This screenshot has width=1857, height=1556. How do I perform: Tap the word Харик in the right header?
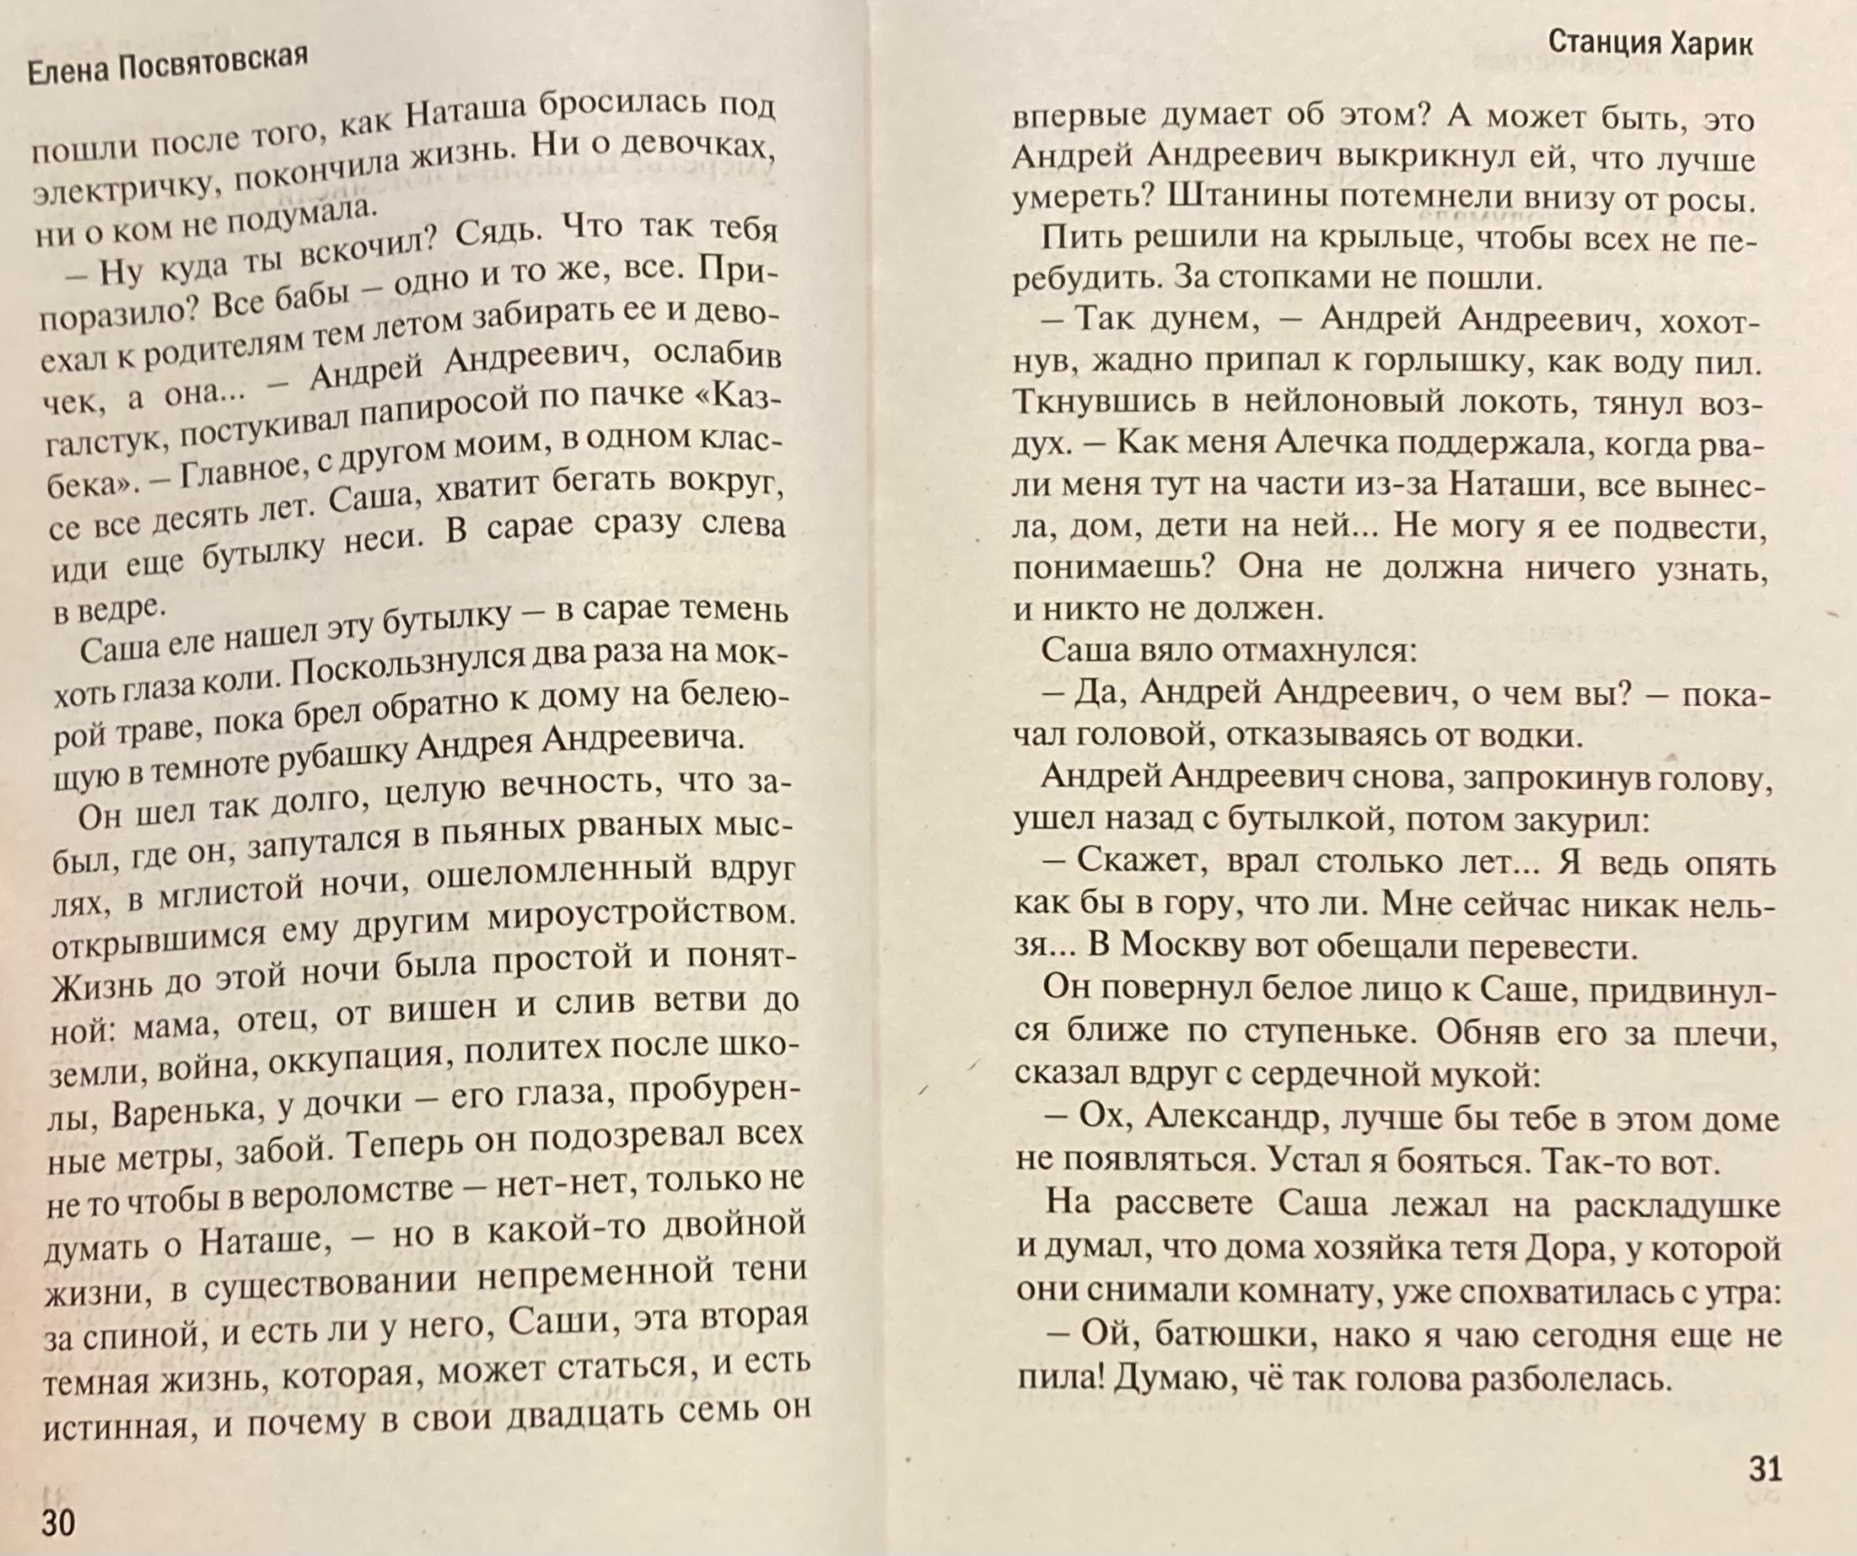(x=1712, y=43)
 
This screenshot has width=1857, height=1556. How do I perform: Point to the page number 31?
(x=1765, y=1469)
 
